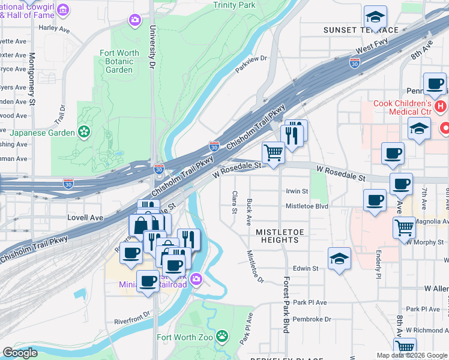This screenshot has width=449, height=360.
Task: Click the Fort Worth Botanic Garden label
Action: (119, 61)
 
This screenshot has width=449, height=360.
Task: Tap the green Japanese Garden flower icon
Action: (85, 132)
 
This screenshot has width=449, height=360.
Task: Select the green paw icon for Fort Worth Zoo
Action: (222, 336)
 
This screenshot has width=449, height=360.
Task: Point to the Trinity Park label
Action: (234, 5)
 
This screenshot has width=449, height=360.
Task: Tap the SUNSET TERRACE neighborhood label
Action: (360, 30)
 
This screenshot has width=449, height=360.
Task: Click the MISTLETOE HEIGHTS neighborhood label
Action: (277, 236)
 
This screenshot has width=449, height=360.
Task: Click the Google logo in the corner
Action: (20, 353)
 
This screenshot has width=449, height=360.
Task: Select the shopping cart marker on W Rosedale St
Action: (274, 152)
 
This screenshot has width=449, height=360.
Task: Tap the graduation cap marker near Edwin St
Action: (339, 259)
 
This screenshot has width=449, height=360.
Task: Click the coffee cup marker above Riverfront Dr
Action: (148, 281)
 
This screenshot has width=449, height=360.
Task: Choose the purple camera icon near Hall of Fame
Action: (134, 21)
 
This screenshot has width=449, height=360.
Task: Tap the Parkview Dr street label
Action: (250, 63)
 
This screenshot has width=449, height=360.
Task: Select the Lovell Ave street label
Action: (85, 217)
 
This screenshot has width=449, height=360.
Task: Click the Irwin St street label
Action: (297, 191)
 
